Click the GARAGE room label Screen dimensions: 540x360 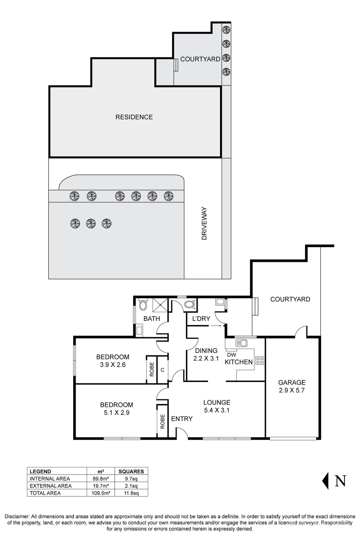click(292, 382)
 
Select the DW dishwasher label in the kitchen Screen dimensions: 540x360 click(231, 355)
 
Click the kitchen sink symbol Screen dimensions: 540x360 click(242, 343)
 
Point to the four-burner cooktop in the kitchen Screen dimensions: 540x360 click(259, 360)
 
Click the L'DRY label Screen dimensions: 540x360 click(201, 319)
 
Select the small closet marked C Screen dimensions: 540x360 click(162, 370)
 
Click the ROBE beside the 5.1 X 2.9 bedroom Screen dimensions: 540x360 click(162, 421)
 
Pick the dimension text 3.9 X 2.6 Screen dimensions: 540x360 click(113, 365)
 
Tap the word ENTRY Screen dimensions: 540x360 click(182, 419)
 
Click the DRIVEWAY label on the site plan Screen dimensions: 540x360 click(204, 223)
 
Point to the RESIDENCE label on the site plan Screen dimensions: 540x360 click(134, 117)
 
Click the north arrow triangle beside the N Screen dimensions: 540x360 click(325, 481)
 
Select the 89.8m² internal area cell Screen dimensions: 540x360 click(100, 479)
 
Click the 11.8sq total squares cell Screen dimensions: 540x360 click(131, 493)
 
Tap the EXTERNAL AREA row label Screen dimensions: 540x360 click(51, 486)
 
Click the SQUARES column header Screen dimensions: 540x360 click(131, 471)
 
